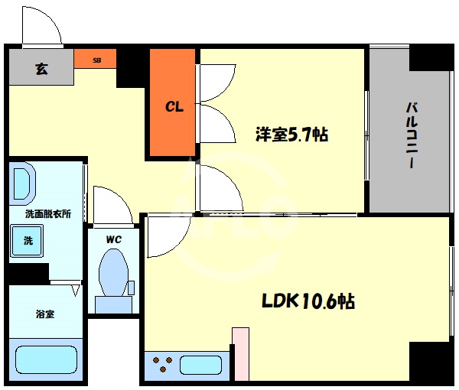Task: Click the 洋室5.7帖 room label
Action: click(x=291, y=135)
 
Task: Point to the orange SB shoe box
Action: click(x=96, y=59)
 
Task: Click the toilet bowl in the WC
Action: click(x=114, y=275)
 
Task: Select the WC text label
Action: click(x=114, y=239)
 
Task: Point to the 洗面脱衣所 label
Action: click(x=47, y=214)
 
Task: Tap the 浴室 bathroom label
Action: click(x=44, y=314)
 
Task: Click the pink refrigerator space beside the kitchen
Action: click(x=240, y=354)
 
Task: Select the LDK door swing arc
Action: click(x=162, y=236)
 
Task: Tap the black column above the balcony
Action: click(x=431, y=57)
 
